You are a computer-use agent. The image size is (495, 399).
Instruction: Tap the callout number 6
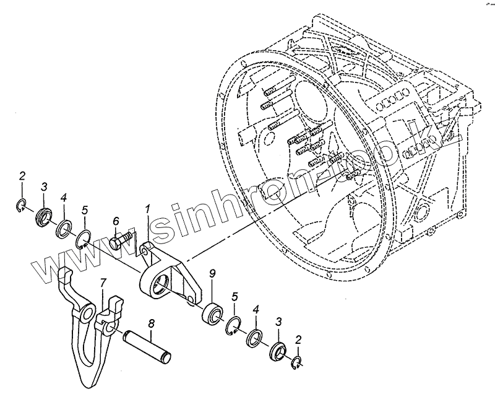coord(116,221)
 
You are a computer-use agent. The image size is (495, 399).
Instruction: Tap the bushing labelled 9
coord(213,312)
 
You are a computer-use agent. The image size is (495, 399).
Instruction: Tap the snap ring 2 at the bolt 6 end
coord(20,205)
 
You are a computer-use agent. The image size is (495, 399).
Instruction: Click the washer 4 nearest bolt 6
coord(64,227)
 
